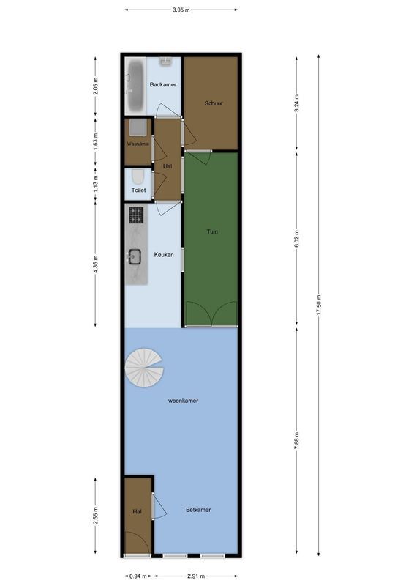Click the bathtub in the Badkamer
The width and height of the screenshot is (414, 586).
click(135, 85)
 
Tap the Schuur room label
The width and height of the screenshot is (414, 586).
click(214, 103)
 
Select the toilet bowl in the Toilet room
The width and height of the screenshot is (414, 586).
click(138, 178)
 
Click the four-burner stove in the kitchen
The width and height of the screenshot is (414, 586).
click(136, 215)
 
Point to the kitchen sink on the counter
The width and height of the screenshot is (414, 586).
click(135, 256)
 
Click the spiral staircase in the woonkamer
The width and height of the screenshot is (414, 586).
click(145, 369)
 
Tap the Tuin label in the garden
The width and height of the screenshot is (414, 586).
click(212, 231)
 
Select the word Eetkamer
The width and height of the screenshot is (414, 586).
click(198, 510)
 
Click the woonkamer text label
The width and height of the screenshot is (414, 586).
click(184, 401)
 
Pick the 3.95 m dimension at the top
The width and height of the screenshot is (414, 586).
click(181, 10)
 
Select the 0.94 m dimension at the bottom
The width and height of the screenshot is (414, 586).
click(137, 576)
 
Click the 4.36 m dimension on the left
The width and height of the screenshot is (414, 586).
click(96, 264)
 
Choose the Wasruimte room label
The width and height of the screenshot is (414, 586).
click(138, 144)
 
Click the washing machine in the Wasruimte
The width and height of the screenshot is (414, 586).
click(138, 127)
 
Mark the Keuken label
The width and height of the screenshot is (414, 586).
click(164, 254)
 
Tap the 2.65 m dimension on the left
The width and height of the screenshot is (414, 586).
click(96, 516)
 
